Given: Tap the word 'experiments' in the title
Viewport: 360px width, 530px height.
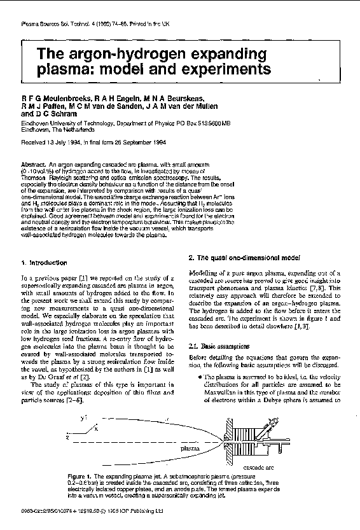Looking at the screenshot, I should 216,68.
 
